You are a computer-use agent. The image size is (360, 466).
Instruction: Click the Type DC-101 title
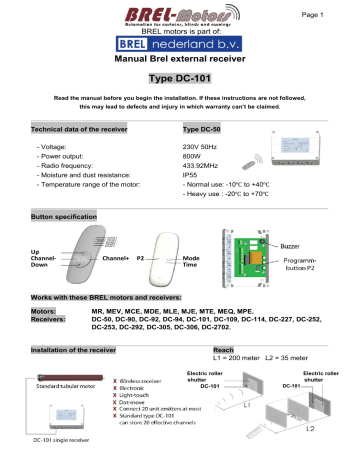click(180, 79)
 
